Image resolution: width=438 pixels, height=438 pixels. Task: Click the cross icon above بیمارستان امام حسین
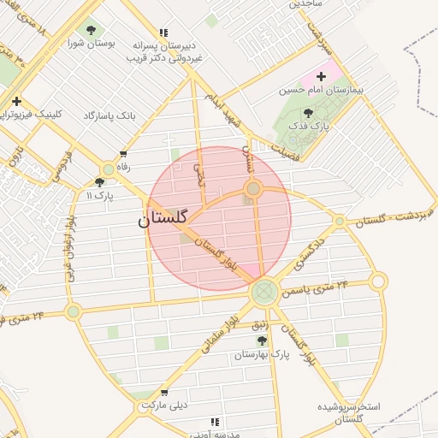(x=322, y=77)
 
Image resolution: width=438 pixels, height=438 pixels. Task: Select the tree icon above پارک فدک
(x=308, y=113)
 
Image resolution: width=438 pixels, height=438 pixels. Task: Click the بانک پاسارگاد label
(x=109, y=115)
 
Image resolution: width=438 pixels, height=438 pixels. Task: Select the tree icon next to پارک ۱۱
(x=100, y=182)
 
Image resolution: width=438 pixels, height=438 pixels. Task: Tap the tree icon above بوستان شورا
(x=91, y=31)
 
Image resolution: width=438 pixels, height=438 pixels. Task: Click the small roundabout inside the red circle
(x=253, y=188)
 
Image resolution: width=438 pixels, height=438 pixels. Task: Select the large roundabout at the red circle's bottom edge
(x=264, y=292)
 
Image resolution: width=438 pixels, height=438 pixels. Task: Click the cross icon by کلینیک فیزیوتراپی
(x=16, y=102)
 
